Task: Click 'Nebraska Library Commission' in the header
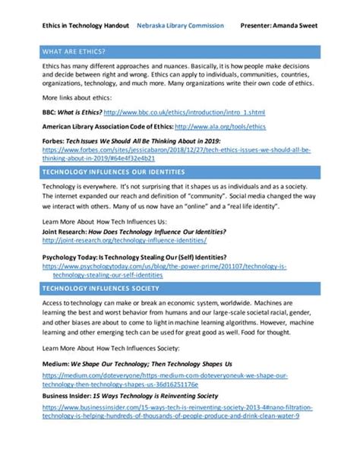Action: click(x=180, y=25)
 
